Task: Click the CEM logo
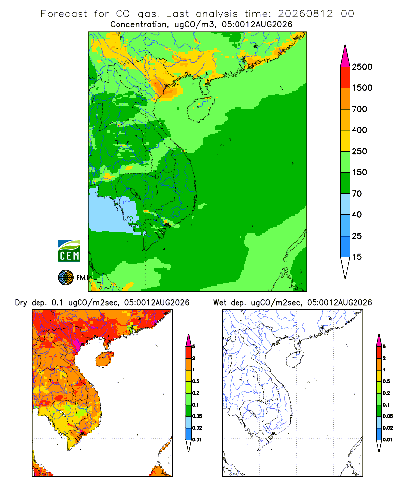(69, 251)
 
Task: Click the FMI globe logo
(66, 278)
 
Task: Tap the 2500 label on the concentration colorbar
(362, 67)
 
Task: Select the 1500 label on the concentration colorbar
(362, 88)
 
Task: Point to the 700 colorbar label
(359, 109)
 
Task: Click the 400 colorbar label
(359, 130)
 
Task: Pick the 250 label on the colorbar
(359, 151)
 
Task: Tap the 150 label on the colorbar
(359, 172)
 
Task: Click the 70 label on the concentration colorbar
(357, 194)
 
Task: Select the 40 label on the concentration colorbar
(357, 214)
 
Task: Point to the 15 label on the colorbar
(357, 257)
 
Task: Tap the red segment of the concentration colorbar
(345, 78)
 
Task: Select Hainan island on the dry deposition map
(104, 359)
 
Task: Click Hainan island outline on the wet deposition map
(295, 360)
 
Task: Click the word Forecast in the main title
(64, 14)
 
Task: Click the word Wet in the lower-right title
(220, 302)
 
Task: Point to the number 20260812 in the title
(305, 14)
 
